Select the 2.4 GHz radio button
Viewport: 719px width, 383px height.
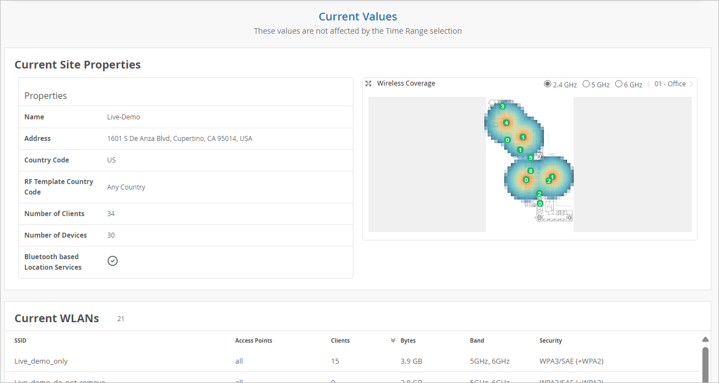(547, 84)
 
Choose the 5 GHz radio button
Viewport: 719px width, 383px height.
(586, 84)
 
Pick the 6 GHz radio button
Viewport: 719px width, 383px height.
(618, 84)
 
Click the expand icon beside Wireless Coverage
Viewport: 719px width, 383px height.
(368, 83)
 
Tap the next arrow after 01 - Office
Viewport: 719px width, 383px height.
(692, 84)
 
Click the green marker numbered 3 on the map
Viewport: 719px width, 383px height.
(503, 106)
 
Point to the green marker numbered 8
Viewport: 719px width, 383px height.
(531, 171)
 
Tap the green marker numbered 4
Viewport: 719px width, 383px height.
(506, 123)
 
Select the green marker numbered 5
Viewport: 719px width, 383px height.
(531, 158)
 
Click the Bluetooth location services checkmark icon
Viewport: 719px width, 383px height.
(113, 261)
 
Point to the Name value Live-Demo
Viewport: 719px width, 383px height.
(124, 117)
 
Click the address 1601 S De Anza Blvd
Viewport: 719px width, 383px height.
(179, 139)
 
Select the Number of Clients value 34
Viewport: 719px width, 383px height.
(111, 214)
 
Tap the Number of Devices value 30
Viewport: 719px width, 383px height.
(111, 235)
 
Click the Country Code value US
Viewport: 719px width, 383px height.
(112, 160)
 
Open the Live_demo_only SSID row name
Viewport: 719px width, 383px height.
(41, 361)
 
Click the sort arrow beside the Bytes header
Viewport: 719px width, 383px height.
(393, 341)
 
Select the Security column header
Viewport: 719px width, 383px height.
(551, 341)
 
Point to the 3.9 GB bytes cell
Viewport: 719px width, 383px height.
(411, 361)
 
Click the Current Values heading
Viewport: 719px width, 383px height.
(358, 17)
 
